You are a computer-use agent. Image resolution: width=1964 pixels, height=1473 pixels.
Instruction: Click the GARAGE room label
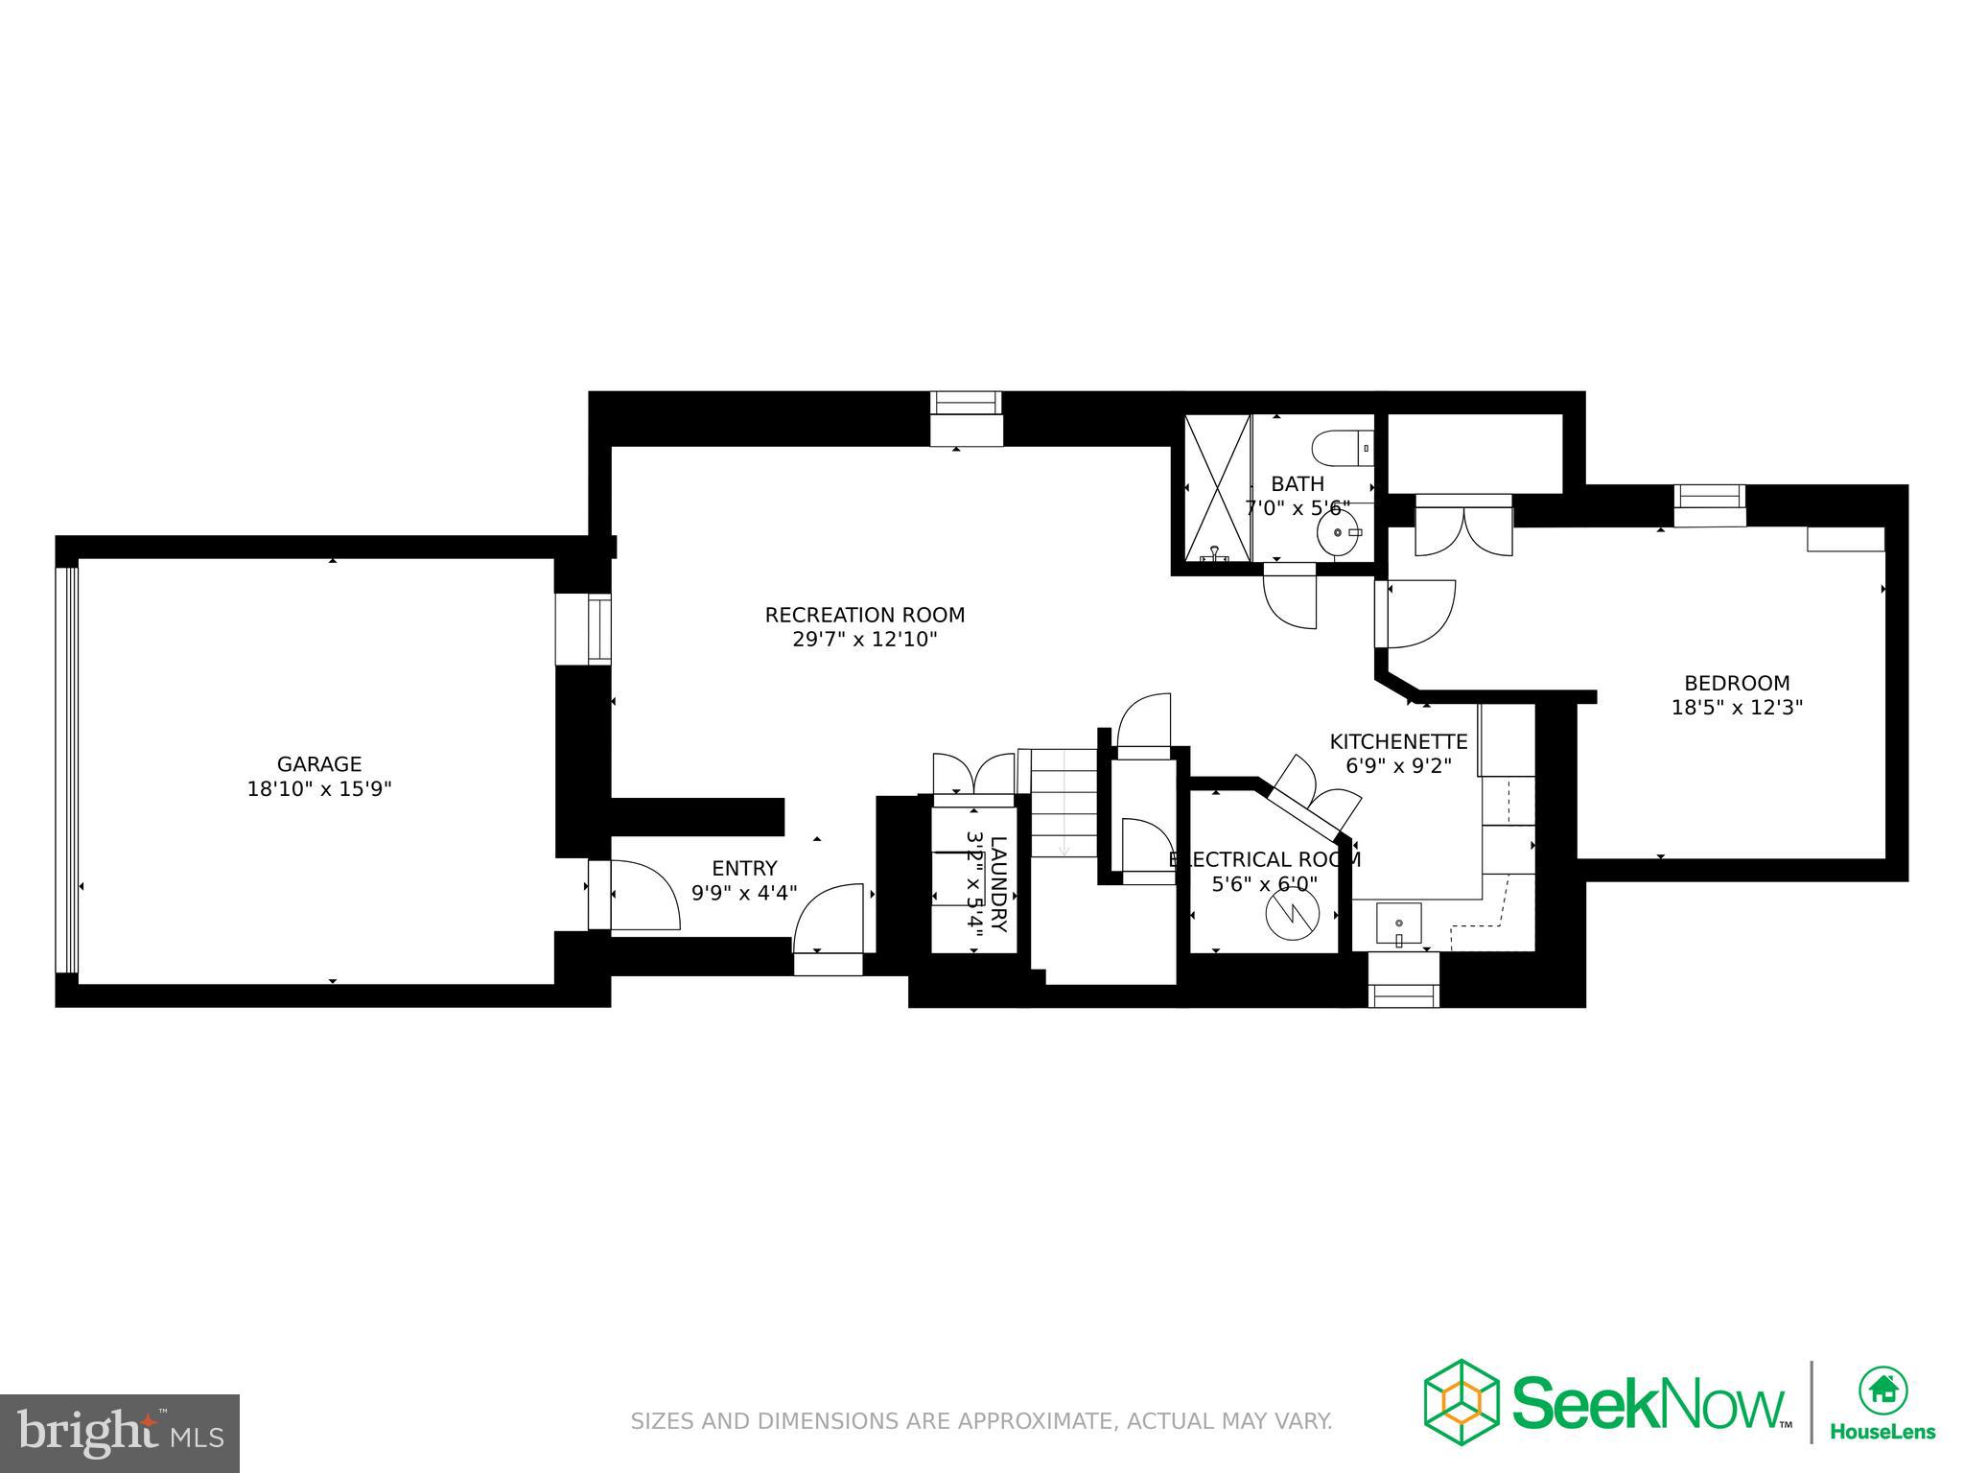click(x=319, y=764)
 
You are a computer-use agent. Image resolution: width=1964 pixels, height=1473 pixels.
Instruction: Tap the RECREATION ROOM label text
click(x=864, y=615)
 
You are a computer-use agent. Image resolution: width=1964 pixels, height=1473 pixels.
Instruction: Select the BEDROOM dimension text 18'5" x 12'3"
click(x=1737, y=708)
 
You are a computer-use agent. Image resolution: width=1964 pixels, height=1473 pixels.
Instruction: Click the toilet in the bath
click(x=1342, y=447)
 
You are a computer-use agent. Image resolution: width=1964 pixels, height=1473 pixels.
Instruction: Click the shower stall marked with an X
click(x=1218, y=488)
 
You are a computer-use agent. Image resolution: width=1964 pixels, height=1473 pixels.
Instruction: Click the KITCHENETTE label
click(x=1398, y=741)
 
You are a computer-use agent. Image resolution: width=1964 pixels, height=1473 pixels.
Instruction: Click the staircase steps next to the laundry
click(x=1064, y=804)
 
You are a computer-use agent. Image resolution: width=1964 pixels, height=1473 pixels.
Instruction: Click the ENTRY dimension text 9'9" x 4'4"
click(x=744, y=893)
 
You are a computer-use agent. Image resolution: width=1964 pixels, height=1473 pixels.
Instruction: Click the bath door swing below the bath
click(x=1291, y=598)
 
